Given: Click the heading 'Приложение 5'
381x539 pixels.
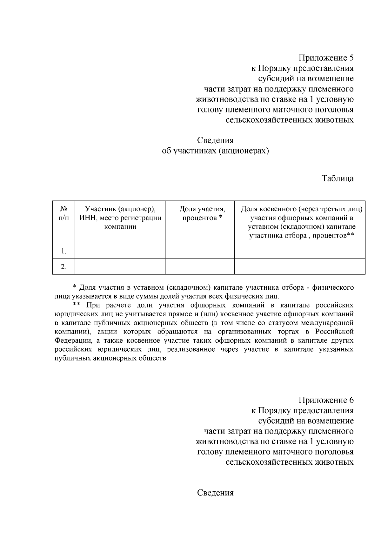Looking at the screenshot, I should [325, 58].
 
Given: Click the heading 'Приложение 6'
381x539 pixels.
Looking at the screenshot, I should [325, 400].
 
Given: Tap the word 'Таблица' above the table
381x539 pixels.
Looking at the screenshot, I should [338, 178].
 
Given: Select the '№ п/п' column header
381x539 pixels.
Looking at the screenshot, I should [63, 213].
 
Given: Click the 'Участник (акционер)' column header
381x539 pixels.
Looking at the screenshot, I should [120, 218].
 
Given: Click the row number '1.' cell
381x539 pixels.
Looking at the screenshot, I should [63, 251].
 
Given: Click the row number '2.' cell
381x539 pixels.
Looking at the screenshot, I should [63, 267].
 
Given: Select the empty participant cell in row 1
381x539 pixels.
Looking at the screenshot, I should [120, 251].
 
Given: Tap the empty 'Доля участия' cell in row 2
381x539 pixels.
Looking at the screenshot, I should [200, 266].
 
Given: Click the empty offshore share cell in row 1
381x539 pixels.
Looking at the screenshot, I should [300, 251].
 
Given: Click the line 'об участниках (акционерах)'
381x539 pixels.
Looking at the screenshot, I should [215, 151].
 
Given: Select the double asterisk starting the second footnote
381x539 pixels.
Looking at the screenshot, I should [76, 305].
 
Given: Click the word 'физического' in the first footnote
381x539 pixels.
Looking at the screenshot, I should [333, 287].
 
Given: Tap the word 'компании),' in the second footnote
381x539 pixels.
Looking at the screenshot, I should [73, 332].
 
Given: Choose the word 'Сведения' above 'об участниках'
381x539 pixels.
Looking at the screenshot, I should [215, 140].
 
